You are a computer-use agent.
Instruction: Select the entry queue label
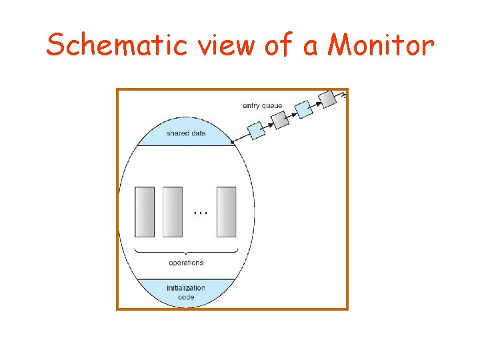coord(262,105)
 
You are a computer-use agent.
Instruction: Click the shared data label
coord(186,133)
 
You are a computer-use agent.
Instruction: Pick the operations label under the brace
coord(186,263)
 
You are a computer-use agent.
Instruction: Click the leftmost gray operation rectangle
coord(144,212)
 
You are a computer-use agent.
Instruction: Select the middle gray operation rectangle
coord(173,212)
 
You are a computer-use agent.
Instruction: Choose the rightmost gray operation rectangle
coord(227,212)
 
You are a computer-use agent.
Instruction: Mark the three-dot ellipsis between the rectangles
coord(200,213)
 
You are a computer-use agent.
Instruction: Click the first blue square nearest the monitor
coord(256,130)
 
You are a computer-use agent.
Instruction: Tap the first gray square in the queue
coord(280,119)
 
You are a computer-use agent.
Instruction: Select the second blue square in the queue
coord(303,109)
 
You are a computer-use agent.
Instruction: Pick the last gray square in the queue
coord(327,98)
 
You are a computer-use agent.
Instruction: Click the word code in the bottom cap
coord(186,297)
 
